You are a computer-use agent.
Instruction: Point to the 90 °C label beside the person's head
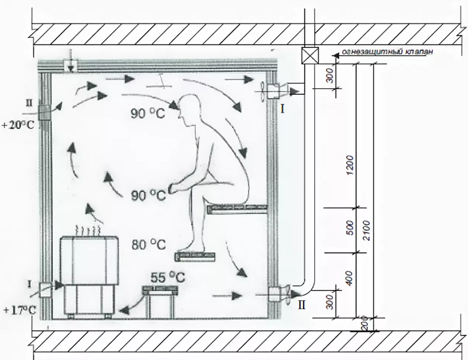click(x=146, y=115)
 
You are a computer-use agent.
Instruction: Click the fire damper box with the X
click(x=309, y=56)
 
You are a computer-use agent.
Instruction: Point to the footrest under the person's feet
click(x=195, y=255)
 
